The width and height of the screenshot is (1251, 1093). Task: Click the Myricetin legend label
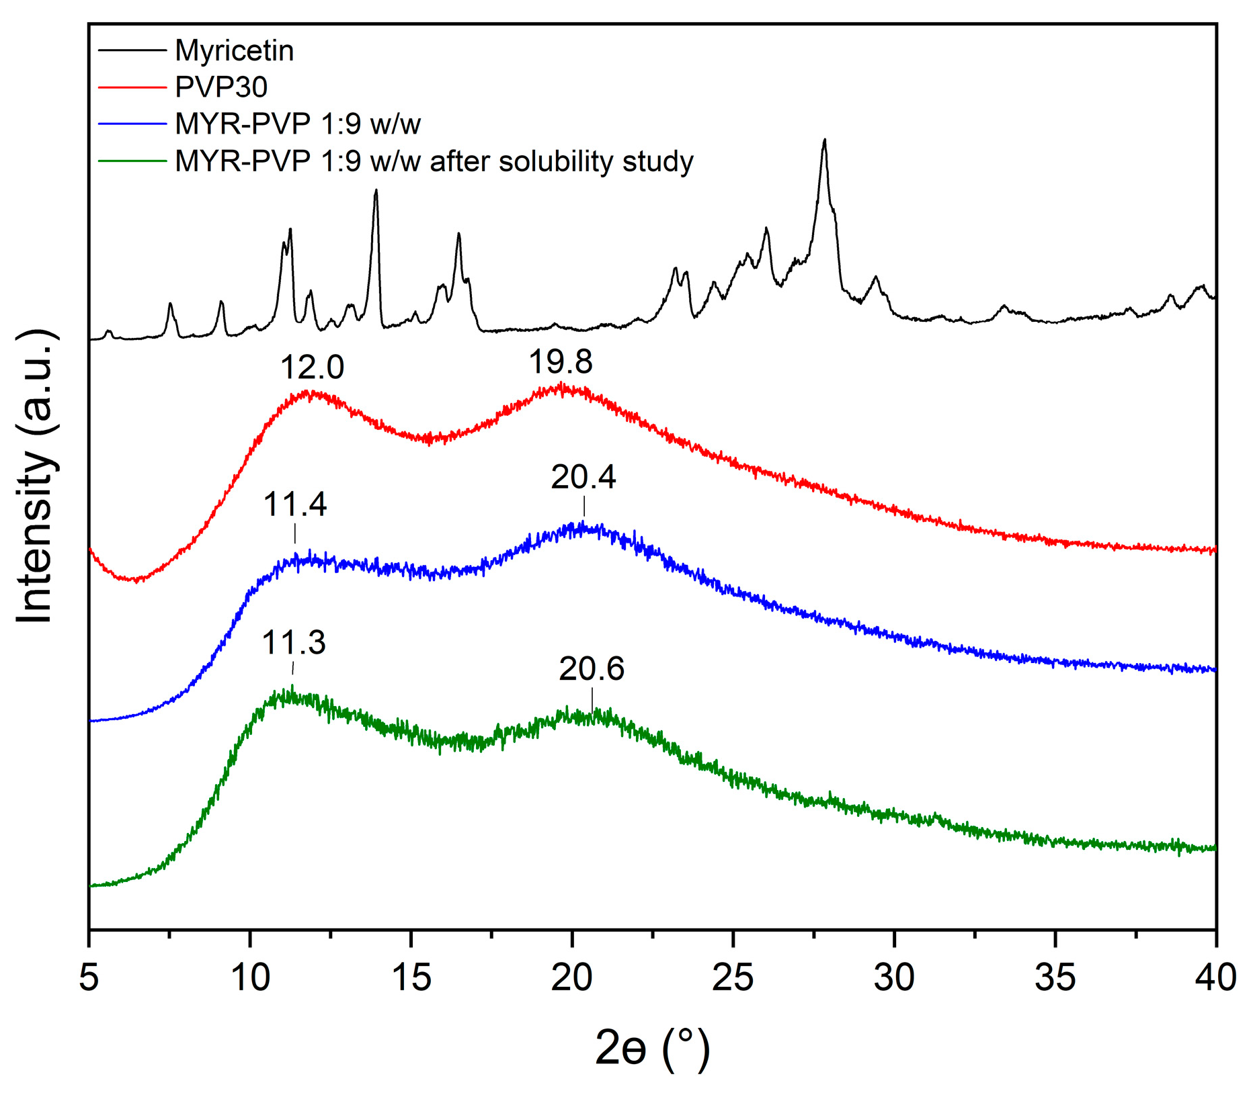coord(234,51)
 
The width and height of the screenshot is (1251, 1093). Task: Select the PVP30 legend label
coord(221,87)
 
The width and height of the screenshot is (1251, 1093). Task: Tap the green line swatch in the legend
coord(132,161)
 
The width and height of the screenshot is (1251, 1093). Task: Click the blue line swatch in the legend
coord(132,124)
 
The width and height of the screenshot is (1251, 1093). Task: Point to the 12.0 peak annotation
coord(312,367)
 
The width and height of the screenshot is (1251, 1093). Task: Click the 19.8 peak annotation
coord(561,362)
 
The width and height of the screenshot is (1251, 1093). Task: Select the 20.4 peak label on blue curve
coord(583,478)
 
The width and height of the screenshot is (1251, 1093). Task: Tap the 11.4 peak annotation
coord(294,505)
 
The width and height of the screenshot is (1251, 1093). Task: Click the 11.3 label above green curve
coord(293,643)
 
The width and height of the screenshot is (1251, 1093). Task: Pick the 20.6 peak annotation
coord(592,669)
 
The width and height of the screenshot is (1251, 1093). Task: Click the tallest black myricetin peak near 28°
coord(824,141)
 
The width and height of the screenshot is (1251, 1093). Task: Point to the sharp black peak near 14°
coord(376,191)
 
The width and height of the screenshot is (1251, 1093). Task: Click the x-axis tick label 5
coord(89,977)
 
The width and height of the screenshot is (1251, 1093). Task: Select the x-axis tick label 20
coord(572,977)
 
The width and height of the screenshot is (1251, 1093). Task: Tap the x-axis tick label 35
coord(1055,977)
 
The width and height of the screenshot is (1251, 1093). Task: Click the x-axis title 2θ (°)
coord(652,1049)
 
